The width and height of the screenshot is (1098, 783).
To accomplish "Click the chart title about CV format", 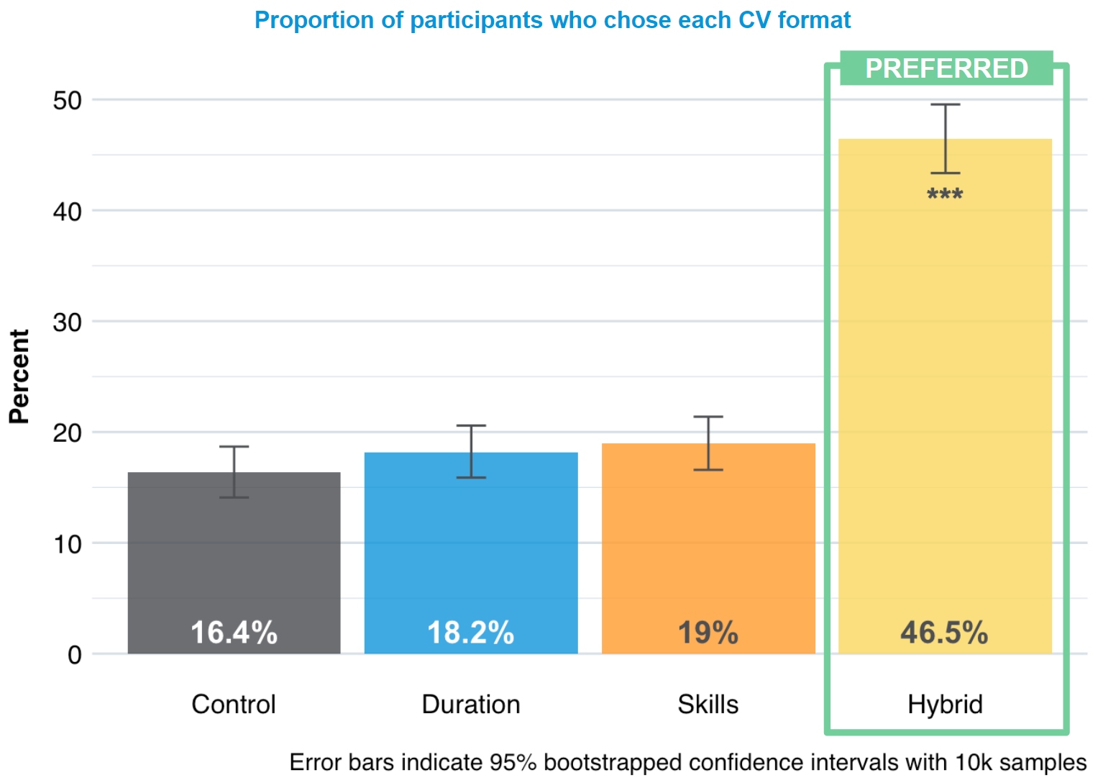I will (552, 20).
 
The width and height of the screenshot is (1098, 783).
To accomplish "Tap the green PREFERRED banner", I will (946, 68).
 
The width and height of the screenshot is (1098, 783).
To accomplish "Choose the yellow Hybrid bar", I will (945, 396).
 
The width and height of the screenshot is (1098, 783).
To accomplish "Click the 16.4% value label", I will (234, 633).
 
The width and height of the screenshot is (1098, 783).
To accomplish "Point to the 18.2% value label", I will (471, 633).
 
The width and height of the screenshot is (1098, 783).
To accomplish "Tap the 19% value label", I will (708, 633).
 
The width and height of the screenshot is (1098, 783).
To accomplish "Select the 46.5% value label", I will (945, 633).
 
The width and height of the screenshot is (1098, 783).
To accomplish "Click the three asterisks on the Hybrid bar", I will (945, 194).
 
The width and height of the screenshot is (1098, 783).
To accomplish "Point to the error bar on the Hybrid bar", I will (946, 138).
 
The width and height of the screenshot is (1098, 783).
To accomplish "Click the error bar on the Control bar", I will (234, 471).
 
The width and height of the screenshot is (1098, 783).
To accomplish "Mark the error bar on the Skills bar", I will (708, 443).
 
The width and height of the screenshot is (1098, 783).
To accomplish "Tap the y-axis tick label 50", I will (68, 101).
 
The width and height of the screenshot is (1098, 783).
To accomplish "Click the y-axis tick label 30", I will (68, 322).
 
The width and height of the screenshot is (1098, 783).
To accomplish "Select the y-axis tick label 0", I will (75, 655).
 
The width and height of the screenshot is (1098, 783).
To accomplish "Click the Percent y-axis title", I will (19, 376).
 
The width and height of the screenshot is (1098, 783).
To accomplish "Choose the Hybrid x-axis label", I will (945, 704).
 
